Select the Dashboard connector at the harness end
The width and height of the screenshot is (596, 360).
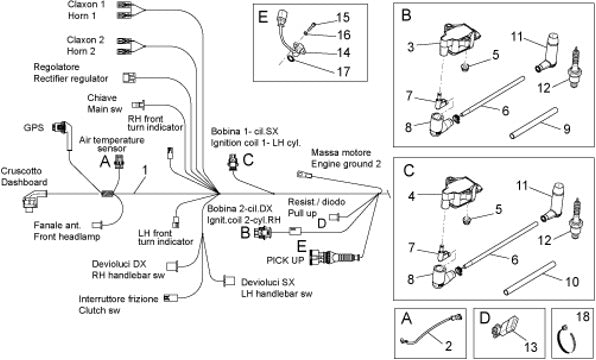pos(34,200)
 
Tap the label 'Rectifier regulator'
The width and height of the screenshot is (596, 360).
pos(71,79)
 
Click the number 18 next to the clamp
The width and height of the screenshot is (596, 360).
pos(583,316)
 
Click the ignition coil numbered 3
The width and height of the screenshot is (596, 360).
pos(459,41)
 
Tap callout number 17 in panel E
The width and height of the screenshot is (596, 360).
pos(343,71)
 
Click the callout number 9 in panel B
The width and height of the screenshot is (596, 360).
pos(566,129)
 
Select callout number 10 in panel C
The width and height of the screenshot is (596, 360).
pos(572,282)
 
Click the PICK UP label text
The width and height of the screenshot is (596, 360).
pos(285,260)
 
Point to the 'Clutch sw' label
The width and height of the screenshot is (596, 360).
pos(99,310)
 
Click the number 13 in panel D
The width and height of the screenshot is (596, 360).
pos(531,346)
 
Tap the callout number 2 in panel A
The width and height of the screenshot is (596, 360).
pos(449,346)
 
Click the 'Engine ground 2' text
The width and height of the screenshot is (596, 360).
pos(346,164)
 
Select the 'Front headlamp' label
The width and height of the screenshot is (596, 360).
pos(67,236)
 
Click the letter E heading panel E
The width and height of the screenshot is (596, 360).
pos(263,17)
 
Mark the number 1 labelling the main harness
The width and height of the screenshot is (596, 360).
pos(145,170)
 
